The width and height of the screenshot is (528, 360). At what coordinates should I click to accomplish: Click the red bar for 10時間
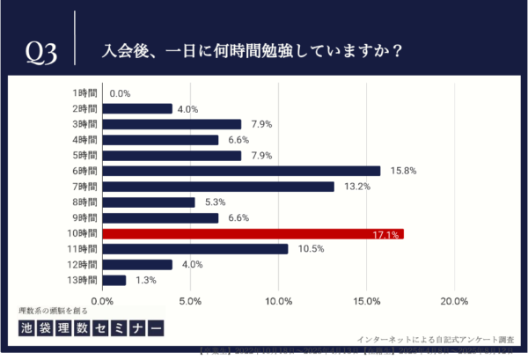click(x=253, y=234)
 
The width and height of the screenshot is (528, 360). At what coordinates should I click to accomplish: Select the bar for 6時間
click(x=242, y=171)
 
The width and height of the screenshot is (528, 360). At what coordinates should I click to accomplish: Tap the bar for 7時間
click(x=219, y=187)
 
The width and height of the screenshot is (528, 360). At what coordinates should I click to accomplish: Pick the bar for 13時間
click(x=114, y=281)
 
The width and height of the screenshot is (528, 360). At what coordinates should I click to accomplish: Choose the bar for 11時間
click(x=195, y=249)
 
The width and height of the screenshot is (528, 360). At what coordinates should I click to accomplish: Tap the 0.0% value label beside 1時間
click(x=121, y=93)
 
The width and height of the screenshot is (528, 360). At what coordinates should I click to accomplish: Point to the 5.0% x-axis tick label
click(x=191, y=301)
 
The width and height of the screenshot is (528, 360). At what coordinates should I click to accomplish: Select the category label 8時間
click(x=84, y=202)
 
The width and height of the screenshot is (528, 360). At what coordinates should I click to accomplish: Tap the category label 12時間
click(x=82, y=265)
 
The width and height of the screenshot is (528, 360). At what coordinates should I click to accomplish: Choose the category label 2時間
click(x=84, y=108)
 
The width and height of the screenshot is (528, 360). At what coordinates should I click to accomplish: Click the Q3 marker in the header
click(x=40, y=53)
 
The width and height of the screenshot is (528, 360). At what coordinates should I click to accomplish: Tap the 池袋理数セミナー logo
click(x=92, y=327)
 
